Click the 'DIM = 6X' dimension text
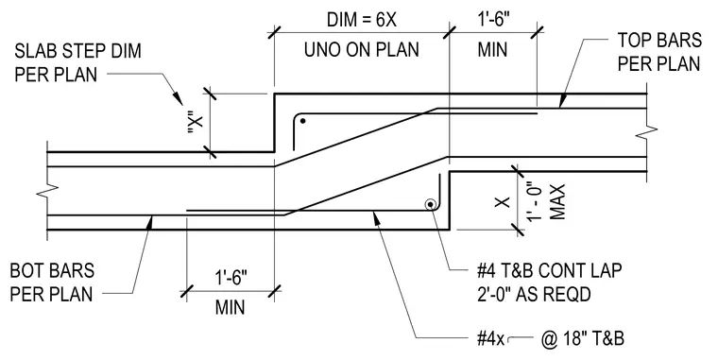click(x=361, y=20)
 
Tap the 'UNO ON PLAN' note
click(x=361, y=49)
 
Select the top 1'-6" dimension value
click(x=492, y=20)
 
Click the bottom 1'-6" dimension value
click(x=231, y=278)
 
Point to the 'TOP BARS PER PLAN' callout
click(x=659, y=52)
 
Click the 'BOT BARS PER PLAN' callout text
click(x=52, y=283)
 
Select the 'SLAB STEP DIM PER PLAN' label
click(x=77, y=62)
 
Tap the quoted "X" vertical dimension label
click(x=196, y=123)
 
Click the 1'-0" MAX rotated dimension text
click(x=545, y=202)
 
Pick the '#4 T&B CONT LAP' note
click(x=549, y=270)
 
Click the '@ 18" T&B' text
click(x=583, y=339)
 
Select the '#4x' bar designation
click(x=490, y=339)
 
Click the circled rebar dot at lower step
click(x=431, y=205)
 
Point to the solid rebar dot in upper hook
click(x=302, y=121)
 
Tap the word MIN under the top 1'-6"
click(x=492, y=49)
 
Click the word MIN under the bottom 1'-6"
click(x=231, y=307)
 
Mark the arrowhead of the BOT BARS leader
click(x=150, y=222)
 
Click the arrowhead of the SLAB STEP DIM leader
click(x=179, y=98)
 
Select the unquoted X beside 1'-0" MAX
click(x=504, y=202)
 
